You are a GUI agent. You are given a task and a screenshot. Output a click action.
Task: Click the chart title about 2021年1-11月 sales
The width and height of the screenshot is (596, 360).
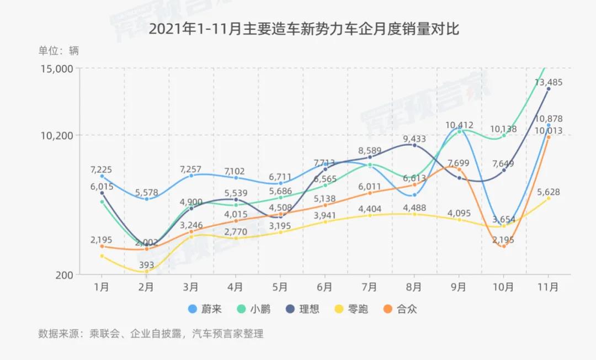tap(304, 29)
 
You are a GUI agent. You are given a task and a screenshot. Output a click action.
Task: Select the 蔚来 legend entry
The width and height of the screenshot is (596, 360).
tap(205, 309)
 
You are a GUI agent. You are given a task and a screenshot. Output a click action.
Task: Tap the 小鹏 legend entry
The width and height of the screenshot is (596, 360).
tap(253, 309)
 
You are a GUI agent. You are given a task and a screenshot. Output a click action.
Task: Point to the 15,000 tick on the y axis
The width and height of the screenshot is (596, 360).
tap(58, 68)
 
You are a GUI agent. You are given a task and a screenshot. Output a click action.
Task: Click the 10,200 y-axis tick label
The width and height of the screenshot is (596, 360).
tap(58, 135)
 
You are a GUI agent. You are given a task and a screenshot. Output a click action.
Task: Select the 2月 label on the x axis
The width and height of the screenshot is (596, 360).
tap(146, 287)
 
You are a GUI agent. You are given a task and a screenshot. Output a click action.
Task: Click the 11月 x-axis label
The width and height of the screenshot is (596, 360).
tap(548, 287)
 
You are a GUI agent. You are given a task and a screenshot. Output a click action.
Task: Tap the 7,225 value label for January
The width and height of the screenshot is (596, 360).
tap(102, 170)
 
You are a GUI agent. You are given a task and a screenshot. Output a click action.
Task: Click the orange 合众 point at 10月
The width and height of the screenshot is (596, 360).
tap(503, 246)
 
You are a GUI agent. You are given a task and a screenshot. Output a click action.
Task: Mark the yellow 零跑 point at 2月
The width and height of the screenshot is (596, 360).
tap(146, 271)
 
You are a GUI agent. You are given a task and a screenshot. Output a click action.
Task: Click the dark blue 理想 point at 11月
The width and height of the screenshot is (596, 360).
tap(548, 88)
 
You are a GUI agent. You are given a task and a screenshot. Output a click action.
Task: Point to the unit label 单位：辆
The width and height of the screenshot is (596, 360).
tap(58, 51)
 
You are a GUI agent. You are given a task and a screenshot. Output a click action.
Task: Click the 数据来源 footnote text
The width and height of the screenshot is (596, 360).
tap(151, 333)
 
